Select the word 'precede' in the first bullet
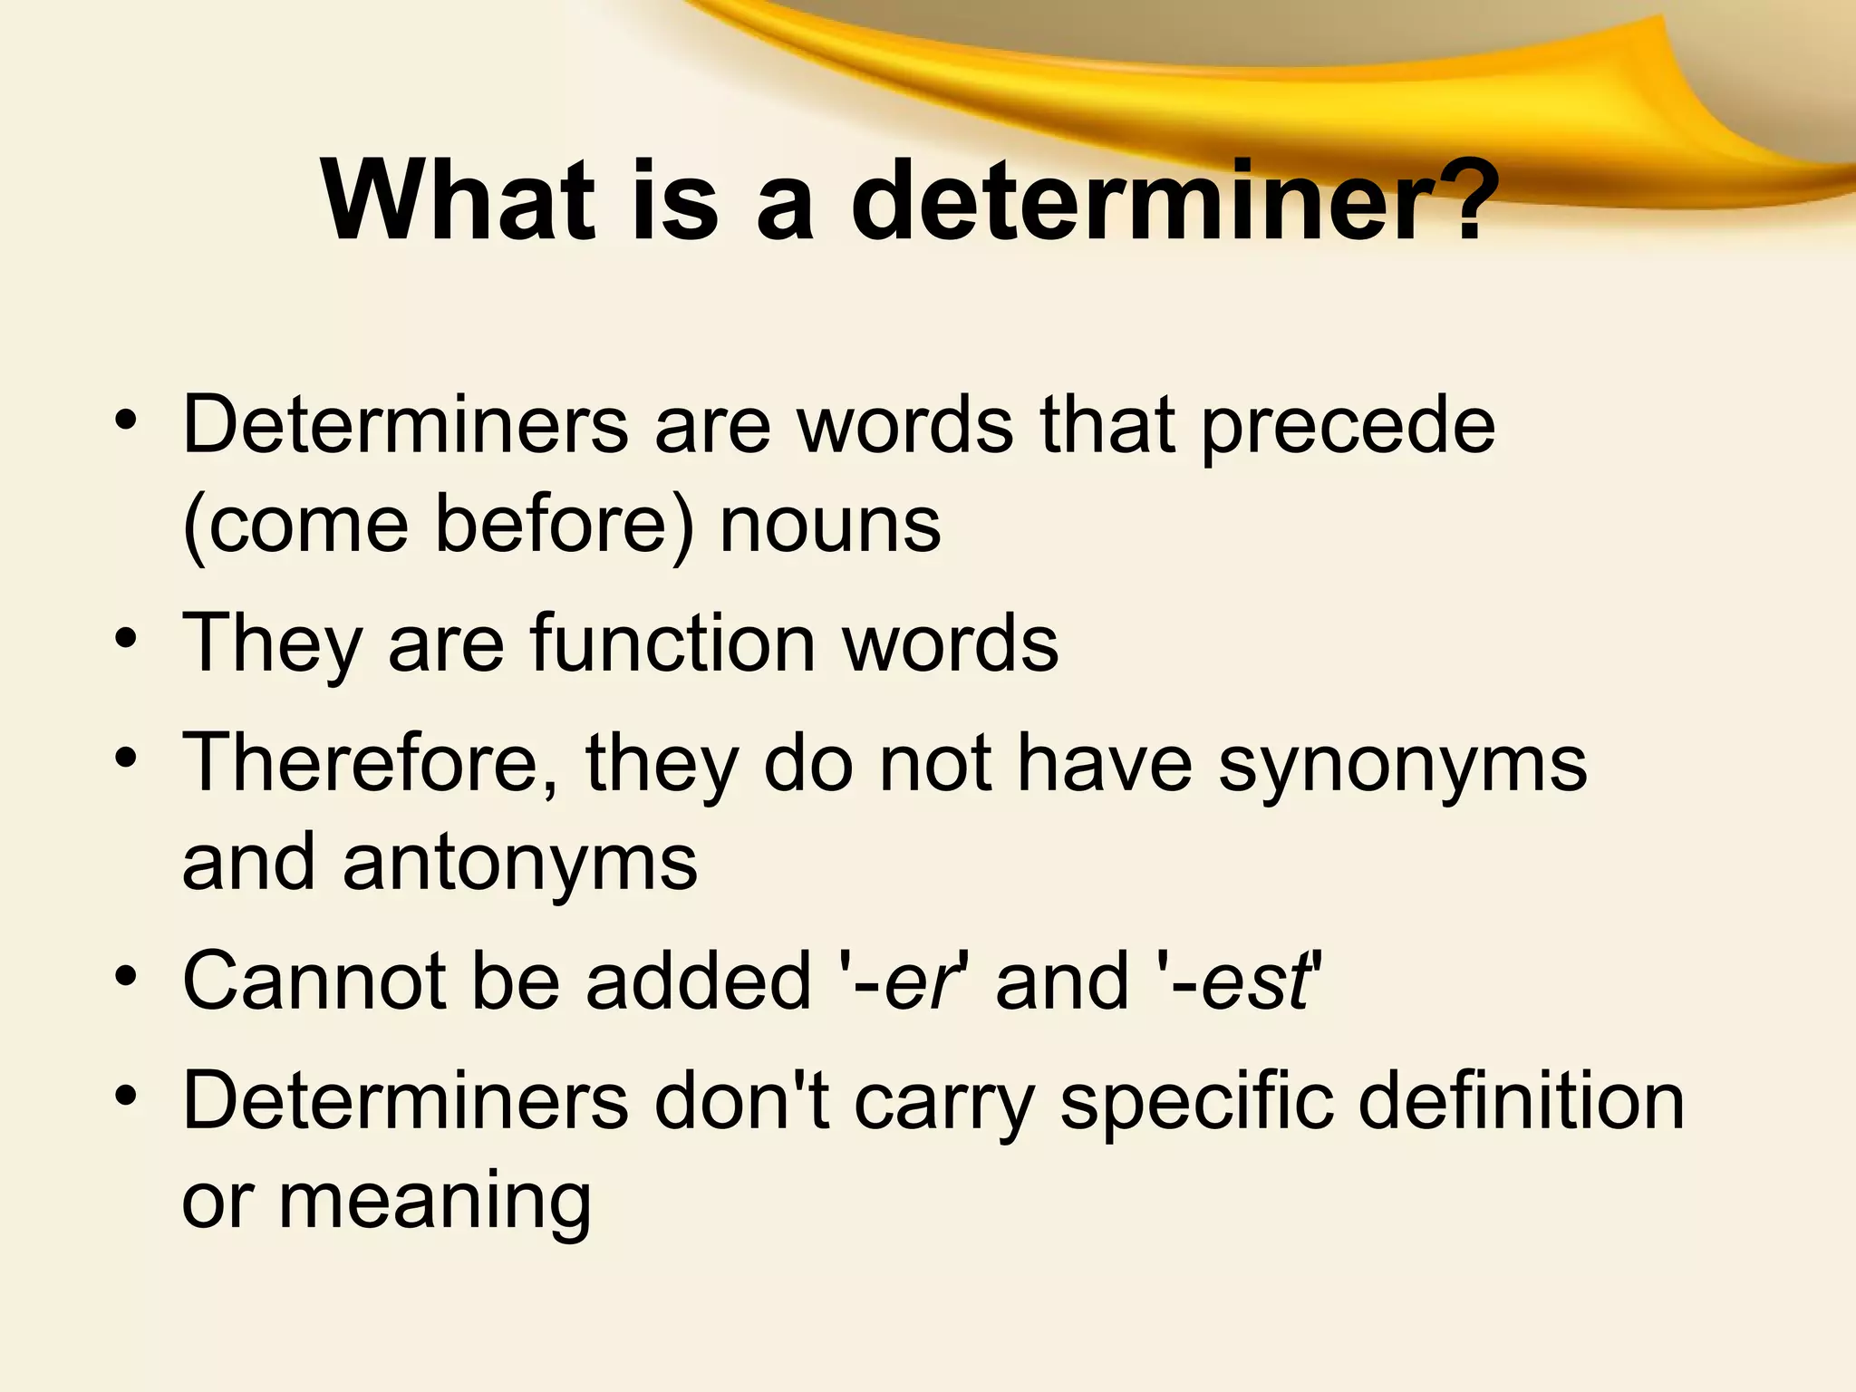coord(1348,426)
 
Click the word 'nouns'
coord(830,526)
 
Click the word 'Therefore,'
coord(371,763)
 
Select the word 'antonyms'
coord(520,863)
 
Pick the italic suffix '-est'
coord(1243,981)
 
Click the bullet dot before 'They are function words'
coord(126,638)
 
